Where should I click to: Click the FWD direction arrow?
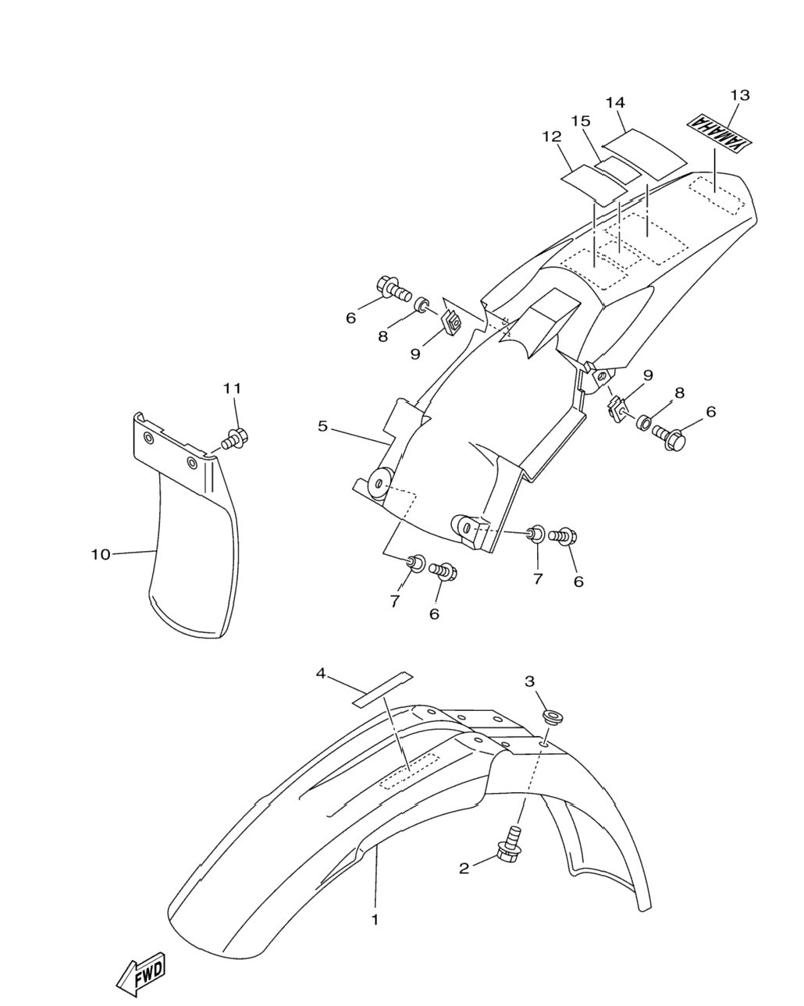point(141,972)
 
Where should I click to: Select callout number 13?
point(740,95)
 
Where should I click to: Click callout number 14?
point(616,103)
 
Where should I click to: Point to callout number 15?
point(581,122)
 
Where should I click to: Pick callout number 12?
point(552,137)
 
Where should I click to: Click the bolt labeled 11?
point(235,438)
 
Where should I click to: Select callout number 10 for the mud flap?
point(101,555)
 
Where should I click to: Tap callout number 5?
point(322,426)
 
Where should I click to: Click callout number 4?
point(321,674)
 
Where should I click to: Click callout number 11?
point(232,389)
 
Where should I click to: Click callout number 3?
point(529,681)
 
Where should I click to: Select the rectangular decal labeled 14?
point(645,155)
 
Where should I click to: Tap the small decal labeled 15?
point(618,169)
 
